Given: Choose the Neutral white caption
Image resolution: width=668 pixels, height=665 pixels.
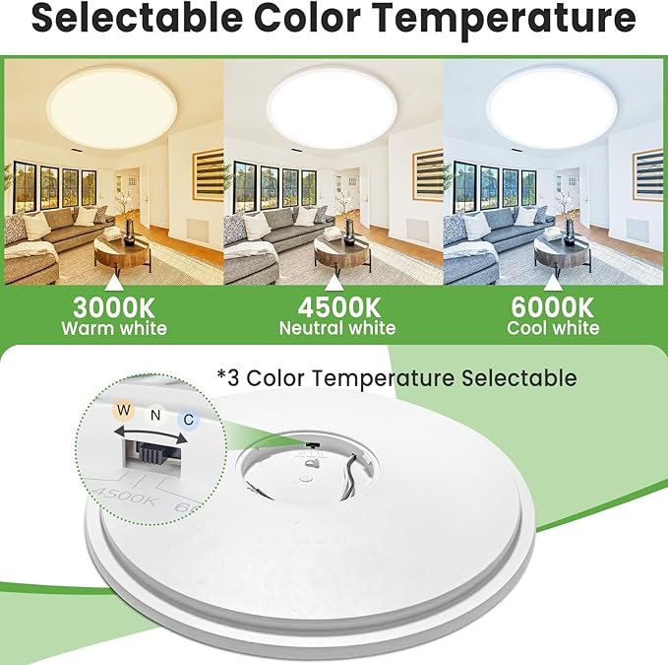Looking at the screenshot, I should [x=336, y=328].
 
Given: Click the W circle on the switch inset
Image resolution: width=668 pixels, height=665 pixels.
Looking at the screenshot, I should [x=124, y=410].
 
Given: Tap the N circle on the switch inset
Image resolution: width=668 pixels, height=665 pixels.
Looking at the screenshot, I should [x=154, y=416].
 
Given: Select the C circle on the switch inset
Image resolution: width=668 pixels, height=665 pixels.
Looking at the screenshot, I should [x=187, y=421].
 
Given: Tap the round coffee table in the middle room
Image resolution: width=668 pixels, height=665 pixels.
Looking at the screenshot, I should [x=341, y=251].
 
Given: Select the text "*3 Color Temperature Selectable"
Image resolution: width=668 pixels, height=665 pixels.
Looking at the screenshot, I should [x=396, y=377].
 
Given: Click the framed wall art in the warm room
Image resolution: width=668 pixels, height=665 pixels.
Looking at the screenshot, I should [x=208, y=174].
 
